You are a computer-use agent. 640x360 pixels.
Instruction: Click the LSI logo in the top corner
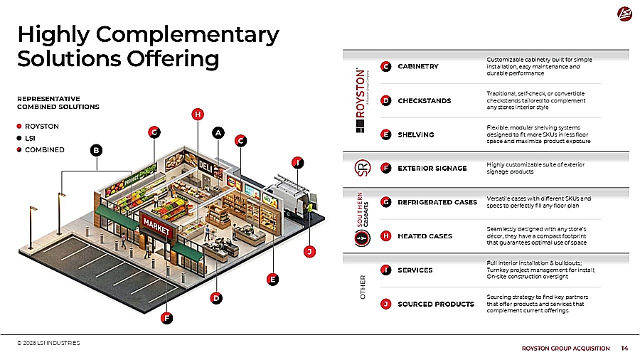pos(622,14)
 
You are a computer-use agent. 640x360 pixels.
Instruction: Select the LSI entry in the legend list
pos(31,138)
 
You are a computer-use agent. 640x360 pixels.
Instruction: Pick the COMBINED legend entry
pos(44,150)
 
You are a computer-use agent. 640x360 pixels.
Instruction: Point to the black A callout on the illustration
pos(218,132)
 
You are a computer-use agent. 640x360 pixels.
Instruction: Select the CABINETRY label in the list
pos(418,67)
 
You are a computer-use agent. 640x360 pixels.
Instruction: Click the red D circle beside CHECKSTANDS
pos(385,100)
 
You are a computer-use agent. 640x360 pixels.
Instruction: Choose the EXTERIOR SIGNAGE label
pos(432,169)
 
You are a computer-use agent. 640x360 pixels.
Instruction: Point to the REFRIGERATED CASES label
pos(437,202)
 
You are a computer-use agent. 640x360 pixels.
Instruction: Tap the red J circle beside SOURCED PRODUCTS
pos(385,304)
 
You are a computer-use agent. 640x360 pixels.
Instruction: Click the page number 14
pos(624,348)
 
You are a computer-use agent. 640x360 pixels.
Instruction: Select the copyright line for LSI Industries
pos(49,342)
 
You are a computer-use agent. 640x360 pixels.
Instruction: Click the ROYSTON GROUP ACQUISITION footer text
pos(566,348)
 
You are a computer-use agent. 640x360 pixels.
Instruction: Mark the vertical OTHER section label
pos(363,287)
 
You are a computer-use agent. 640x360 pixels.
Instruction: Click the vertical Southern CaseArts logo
pos(361,218)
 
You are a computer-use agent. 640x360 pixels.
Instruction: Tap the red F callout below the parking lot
pos(166,318)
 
